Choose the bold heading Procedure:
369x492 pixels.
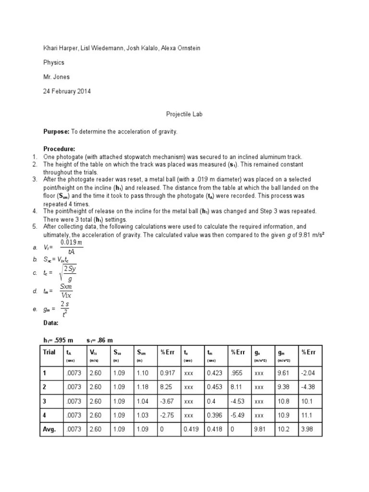click(x=59, y=149)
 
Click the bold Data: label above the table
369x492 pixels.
click(x=51, y=323)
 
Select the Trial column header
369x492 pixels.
click(x=49, y=352)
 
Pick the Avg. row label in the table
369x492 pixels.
click(x=49, y=430)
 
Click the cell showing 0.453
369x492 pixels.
click(x=214, y=386)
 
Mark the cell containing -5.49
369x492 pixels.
click(x=238, y=415)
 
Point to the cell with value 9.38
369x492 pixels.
click(x=283, y=386)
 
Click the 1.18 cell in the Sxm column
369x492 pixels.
click(x=142, y=386)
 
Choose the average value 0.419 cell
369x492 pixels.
click(x=191, y=430)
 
